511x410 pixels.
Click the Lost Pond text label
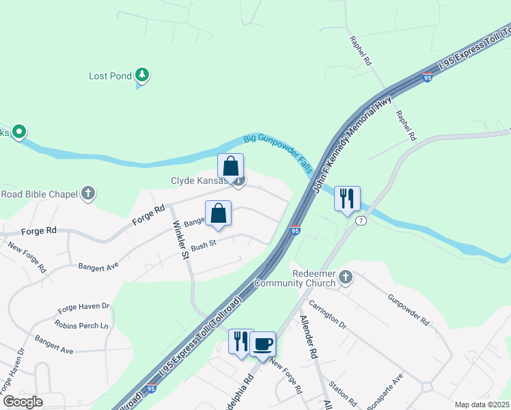(x=110, y=76)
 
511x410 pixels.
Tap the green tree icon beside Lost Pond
(x=141, y=74)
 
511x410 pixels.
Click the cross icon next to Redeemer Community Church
(x=346, y=277)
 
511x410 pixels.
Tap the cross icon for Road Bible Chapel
(x=87, y=194)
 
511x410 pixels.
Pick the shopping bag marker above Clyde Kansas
(x=231, y=166)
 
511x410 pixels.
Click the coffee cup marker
(x=262, y=343)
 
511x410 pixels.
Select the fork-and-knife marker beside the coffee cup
(x=240, y=340)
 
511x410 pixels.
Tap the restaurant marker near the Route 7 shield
(x=347, y=199)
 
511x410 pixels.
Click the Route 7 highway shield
(x=361, y=221)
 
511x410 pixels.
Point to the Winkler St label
(x=180, y=239)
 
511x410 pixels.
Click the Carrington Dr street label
(x=328, y=314)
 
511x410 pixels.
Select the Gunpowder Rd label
(x=408, y=310)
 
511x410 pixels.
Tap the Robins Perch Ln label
(x=82, y=325)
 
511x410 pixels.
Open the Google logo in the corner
(x=23, y=402)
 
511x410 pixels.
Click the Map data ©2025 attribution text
(x=482, y=405)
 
